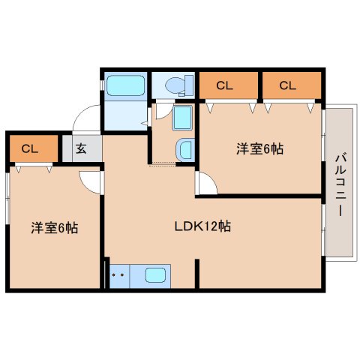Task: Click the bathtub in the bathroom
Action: [124, 85]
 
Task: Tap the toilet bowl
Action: [173, 85]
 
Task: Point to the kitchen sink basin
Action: [156, 275]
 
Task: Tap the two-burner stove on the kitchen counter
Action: [117, 275]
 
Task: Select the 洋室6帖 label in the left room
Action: [54, 226]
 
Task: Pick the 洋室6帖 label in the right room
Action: [259, 148]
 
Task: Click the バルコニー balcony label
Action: [339, 184]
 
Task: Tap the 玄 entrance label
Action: [80, 148]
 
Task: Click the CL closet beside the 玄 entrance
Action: [31, 148]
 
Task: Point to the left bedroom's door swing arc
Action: [90, 180]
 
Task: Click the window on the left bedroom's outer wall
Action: [7, 199]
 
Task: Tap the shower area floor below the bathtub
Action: [124, 116]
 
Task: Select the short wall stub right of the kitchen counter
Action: [196, 274]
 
